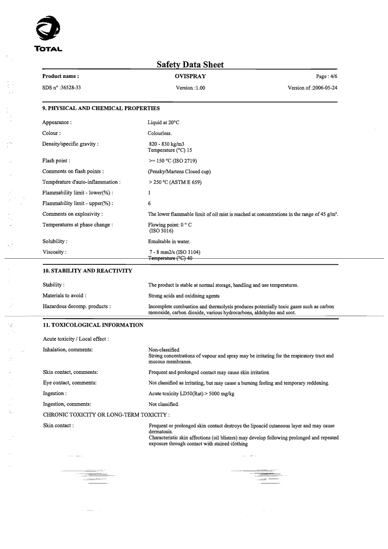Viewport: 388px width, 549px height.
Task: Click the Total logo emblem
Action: click(49, 32)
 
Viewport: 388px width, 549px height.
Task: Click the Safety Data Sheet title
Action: click(190, 65)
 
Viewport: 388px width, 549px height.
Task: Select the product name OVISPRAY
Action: click(190, 76)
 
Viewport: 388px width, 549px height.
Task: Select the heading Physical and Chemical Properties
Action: click(101, 109)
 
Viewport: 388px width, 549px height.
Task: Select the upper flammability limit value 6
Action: click(150, 203)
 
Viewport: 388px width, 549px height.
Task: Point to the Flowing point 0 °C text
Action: click(170, 225)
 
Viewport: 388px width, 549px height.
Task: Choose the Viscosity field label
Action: click(54, 252)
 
